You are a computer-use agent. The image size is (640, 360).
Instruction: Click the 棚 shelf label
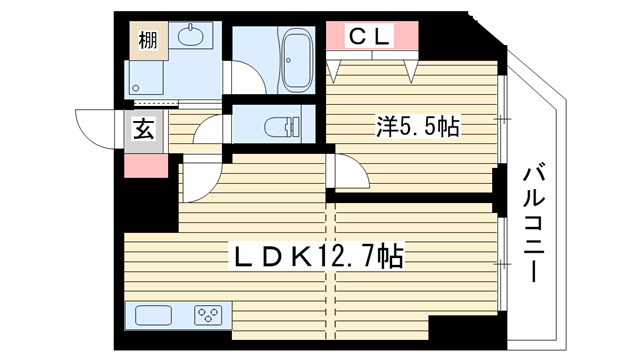148,40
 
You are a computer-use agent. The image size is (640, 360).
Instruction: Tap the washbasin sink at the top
191,35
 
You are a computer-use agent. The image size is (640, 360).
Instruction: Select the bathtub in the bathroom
297,60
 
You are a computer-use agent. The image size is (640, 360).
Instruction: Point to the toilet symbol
282,124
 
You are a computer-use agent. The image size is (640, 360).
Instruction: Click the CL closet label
369,36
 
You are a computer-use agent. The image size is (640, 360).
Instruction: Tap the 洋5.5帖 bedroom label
418,126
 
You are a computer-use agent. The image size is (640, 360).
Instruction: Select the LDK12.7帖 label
318,256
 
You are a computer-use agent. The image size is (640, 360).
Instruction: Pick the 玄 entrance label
144,128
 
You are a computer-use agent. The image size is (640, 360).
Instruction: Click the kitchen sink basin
153,315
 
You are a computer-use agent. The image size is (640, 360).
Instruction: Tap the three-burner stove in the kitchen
208,315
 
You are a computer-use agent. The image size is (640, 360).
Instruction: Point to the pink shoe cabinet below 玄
146,166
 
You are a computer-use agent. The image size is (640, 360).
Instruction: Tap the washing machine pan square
144,78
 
